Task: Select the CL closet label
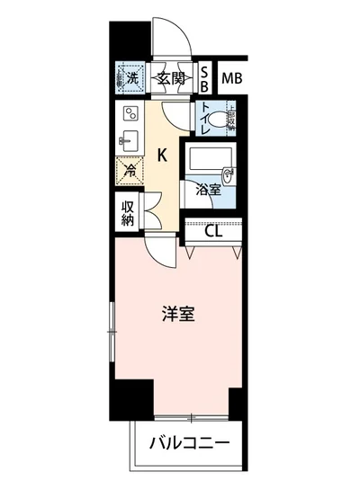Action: [x=213, y=231]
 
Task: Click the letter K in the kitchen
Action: [x=162, y=154]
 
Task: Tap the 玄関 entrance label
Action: [x=170, y=78]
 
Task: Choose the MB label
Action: [x=232, y=78]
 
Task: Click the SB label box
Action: [x=205, y=78]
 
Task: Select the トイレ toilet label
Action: [x=206, y=120]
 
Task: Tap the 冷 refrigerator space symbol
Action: [x=130, y=167]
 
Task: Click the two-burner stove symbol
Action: [x=129, y=114]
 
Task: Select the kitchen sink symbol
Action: [x=127, y=142]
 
